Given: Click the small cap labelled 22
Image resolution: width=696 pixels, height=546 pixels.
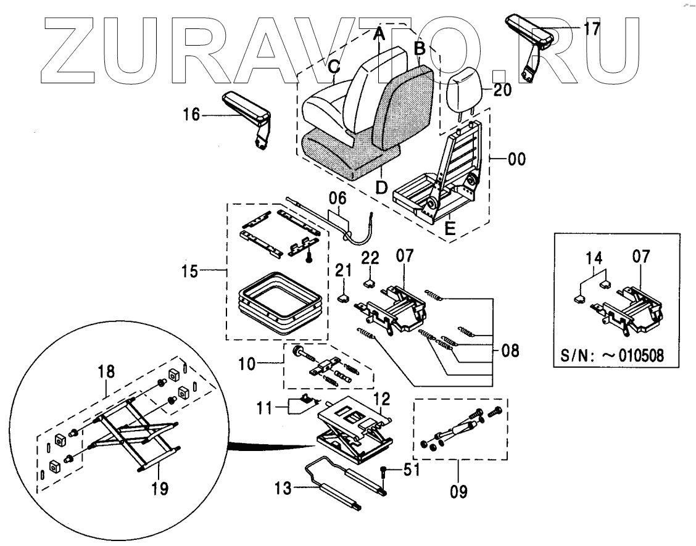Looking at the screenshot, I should tap(369, 283).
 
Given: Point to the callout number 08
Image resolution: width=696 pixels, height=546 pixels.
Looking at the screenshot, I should tap(510, 352).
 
